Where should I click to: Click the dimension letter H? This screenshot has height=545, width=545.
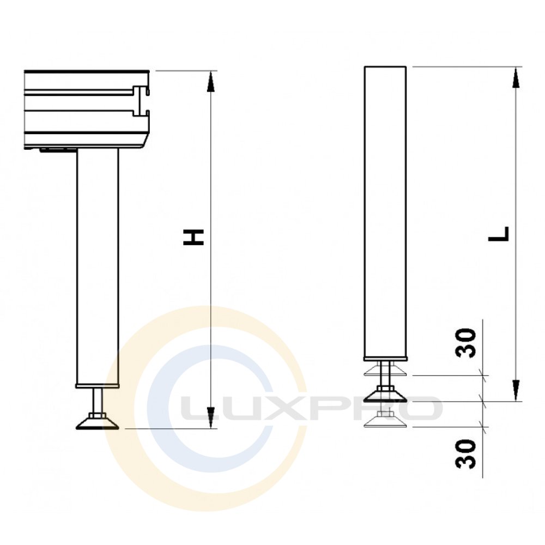click(193, 237)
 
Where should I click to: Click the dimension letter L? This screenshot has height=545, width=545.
click(499, 234)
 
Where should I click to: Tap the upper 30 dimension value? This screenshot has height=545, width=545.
click(466, 343)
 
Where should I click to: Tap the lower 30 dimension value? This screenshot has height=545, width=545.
click(466, 453)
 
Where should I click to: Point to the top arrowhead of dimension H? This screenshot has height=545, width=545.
click(210, 82)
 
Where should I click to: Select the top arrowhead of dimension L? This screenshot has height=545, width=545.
click(517, 77)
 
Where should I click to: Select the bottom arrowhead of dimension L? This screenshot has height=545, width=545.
click(517, 391)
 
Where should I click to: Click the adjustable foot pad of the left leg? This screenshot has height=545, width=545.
click(98, 423)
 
